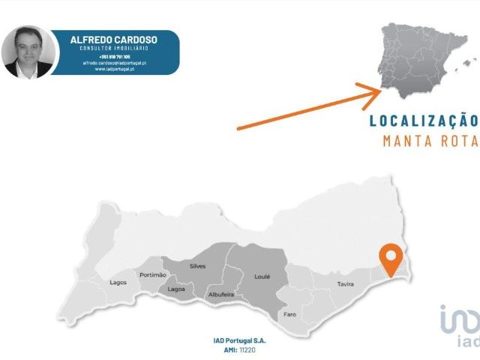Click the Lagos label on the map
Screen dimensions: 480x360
click(x=118, y=283)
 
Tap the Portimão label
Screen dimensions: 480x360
click(x=153, y=275)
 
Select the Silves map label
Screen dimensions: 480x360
click(x=198, y=266)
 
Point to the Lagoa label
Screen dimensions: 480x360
click(x=176, y=289)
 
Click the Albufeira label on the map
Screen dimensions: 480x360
click(x=221, y=295)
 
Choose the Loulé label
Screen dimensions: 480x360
click(x=262, y=277)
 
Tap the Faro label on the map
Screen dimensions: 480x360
click(x=290, y=314)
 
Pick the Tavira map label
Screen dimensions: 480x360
click(x=346, y=284)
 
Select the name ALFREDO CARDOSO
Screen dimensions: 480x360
click(x=114, y=40)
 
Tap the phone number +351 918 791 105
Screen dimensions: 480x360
click(x=114, y=56)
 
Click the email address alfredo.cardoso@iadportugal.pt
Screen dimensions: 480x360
click(x=114, y=63)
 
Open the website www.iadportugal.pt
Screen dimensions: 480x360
click(x=114, y=69)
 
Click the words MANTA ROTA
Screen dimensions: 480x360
click(x=430, y=140)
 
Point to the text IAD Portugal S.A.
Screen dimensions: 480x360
click(x=239, y=341)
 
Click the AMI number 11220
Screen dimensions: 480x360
click(x=247, y=349)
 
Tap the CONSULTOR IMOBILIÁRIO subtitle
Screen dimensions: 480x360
click(x=114, y=49)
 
